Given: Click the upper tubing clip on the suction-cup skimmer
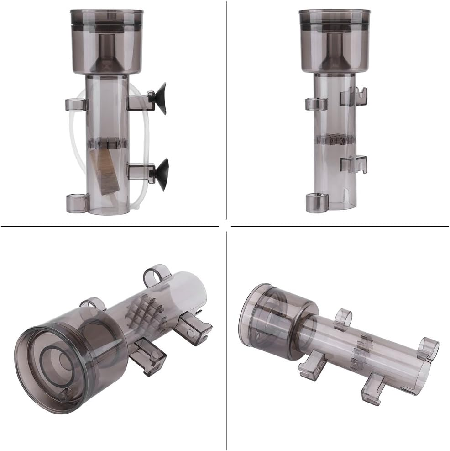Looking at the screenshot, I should (x=76, y=105).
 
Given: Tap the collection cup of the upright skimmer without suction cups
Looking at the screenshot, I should (x=334, y=41).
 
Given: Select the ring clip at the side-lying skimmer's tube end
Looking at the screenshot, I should (x=428, y=348).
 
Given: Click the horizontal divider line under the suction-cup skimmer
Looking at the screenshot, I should (x=110, y=226).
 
